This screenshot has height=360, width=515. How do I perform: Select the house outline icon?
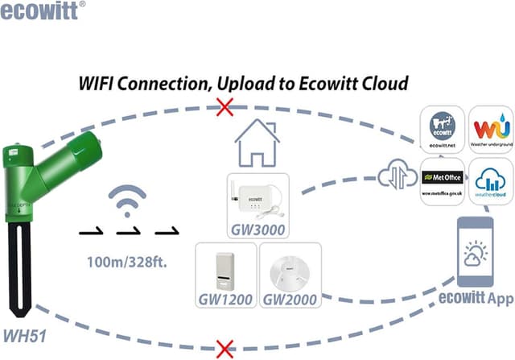coord(257,144)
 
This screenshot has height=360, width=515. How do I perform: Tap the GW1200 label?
coord(226,300)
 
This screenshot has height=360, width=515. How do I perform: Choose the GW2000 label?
coord(289,300)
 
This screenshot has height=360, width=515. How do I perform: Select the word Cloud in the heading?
coord(382,84)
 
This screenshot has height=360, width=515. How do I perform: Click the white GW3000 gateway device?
coord(257,197)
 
